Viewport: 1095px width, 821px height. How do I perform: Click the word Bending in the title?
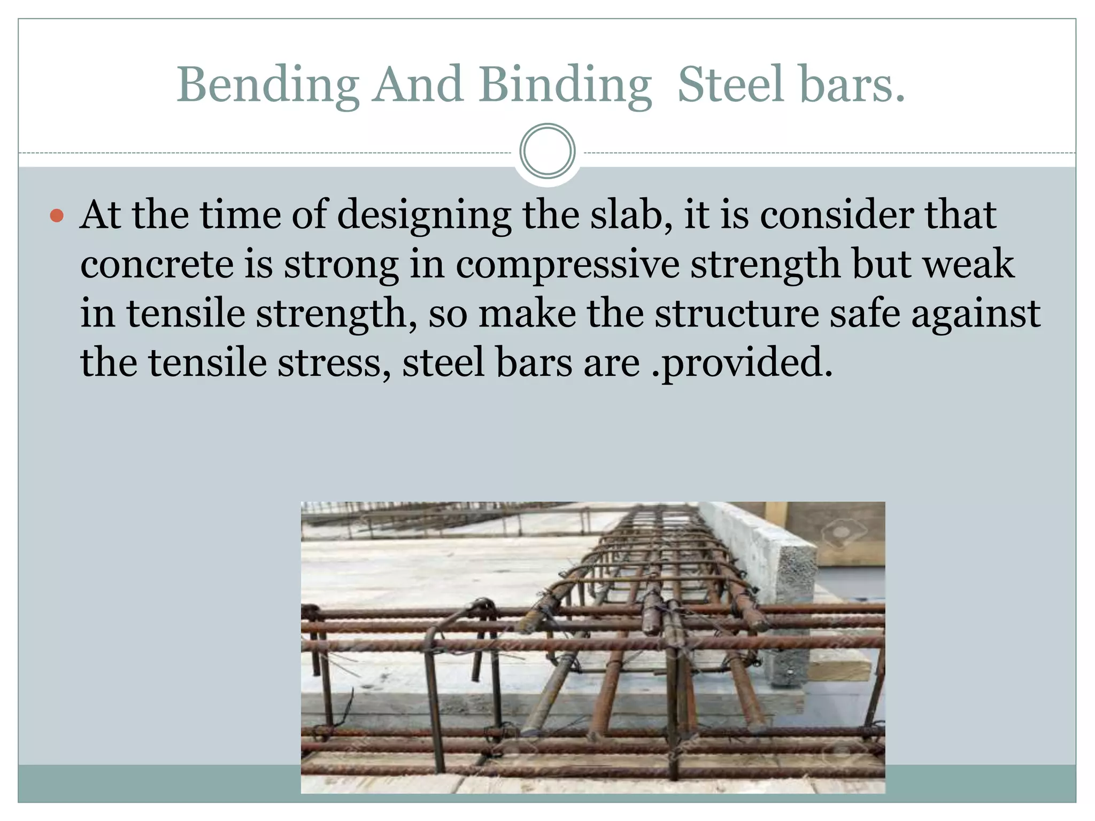pyautogui.click(x=268, y=86)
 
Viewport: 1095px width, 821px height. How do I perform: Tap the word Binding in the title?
pyautogui.click(x=565, y=86)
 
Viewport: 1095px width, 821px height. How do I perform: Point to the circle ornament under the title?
pyautogui.click(x=547, y=151)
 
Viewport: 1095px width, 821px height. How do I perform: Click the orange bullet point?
pyautogui.click(x=57, y=216)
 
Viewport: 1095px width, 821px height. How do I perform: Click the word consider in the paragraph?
pyautogui.click(x=836, y=215)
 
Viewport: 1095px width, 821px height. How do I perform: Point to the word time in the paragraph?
pyautogui.click(x=240, y=215)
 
